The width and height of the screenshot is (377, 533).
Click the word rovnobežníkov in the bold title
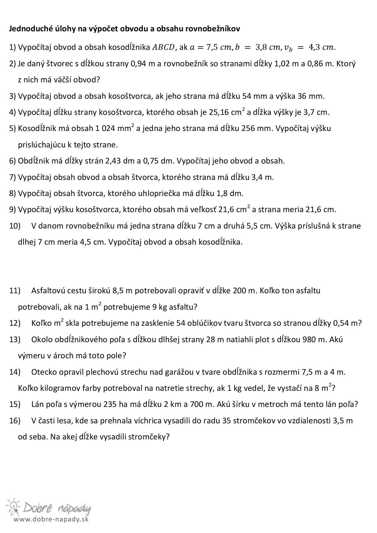tap(213, 29)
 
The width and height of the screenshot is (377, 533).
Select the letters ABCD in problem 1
tap(164, 47)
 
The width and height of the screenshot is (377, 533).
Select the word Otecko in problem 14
tap(43, 372)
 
